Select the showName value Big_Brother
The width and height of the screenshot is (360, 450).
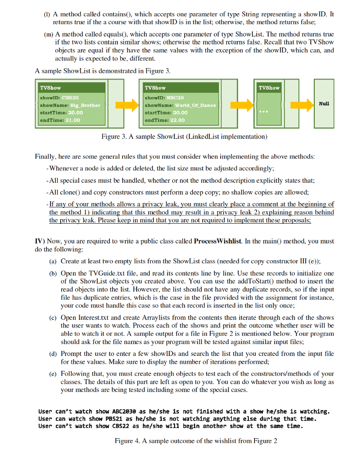point(84,105)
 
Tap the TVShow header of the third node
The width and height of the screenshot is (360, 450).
point(269,87)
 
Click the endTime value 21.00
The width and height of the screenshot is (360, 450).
point(73,120)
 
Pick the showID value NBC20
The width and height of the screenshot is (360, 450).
point(175,97)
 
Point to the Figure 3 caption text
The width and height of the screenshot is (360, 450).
point(184,137)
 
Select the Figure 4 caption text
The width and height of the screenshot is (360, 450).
point(196,440)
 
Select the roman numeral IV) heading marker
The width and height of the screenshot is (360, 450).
point(40,241)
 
